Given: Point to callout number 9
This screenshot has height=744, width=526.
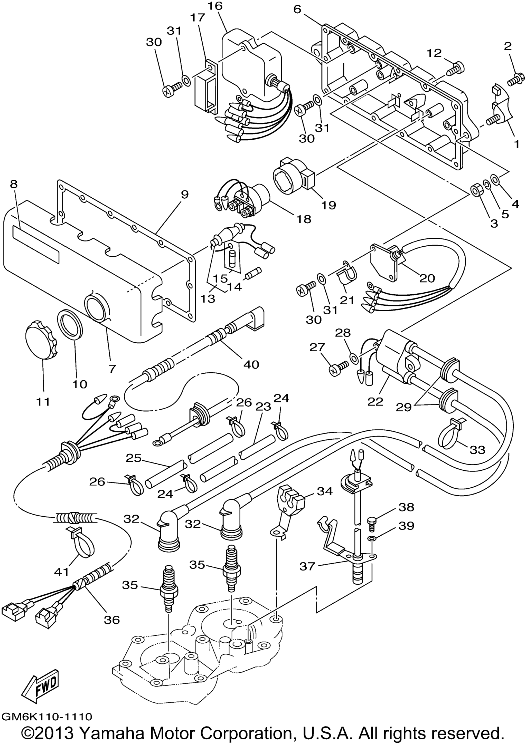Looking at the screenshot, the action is click(x=184, y=195).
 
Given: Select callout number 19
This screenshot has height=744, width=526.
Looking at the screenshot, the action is click(x=328, y=205).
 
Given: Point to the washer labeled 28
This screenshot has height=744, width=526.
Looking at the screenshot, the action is click(x=354, y=358).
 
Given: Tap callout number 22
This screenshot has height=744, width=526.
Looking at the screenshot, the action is click(x=375, y=401).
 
